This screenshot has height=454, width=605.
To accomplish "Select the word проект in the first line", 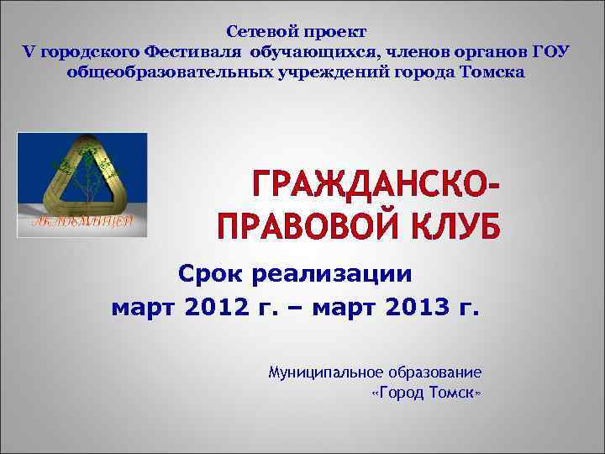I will (x=334, y=32).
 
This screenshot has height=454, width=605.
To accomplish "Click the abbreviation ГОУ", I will (x=551, y=52).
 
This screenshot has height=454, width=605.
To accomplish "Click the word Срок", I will (x=212, y=275).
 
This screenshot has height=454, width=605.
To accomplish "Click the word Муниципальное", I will (x=323, y=371).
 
